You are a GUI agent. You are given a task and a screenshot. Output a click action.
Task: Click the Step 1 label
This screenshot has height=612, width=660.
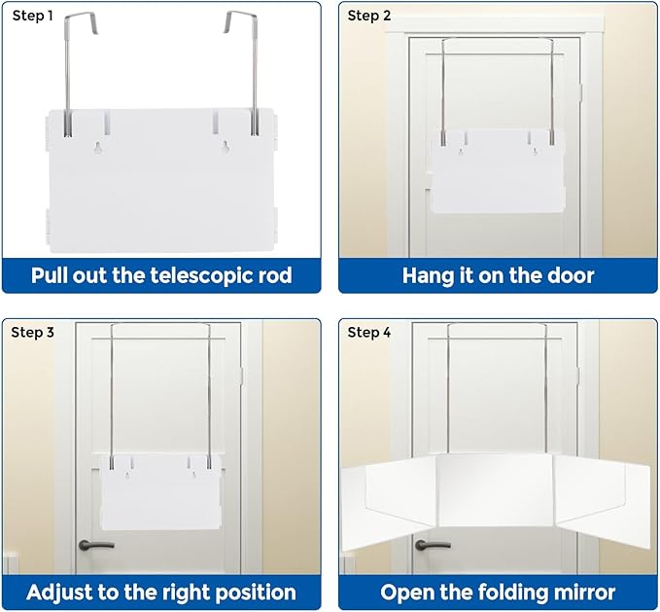pos(32,16)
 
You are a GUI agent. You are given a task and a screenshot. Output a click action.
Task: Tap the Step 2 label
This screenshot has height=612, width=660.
pos(369,16)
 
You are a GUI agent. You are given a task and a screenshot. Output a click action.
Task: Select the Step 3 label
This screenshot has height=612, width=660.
pos(32,333)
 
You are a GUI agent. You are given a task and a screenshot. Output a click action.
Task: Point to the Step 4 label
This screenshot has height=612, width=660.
pos(369,333)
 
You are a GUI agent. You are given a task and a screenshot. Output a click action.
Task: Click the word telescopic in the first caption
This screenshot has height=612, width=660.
pos(202,276)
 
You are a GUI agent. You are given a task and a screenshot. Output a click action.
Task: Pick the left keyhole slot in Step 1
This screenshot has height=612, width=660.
pos(98,148)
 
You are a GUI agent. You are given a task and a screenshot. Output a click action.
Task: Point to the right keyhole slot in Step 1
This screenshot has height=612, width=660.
pos(226,147)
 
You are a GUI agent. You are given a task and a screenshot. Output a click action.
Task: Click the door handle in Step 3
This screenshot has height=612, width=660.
pos(96,545)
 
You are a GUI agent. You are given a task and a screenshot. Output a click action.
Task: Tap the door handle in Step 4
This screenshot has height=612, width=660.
pos(433,545)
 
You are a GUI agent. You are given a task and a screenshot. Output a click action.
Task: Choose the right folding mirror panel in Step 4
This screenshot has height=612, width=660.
pos(602,502)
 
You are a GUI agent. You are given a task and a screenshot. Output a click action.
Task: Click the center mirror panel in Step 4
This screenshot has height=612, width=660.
pos(495,490)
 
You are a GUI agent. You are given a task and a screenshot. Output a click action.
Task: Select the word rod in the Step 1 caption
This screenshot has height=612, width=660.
pos(275,276)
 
